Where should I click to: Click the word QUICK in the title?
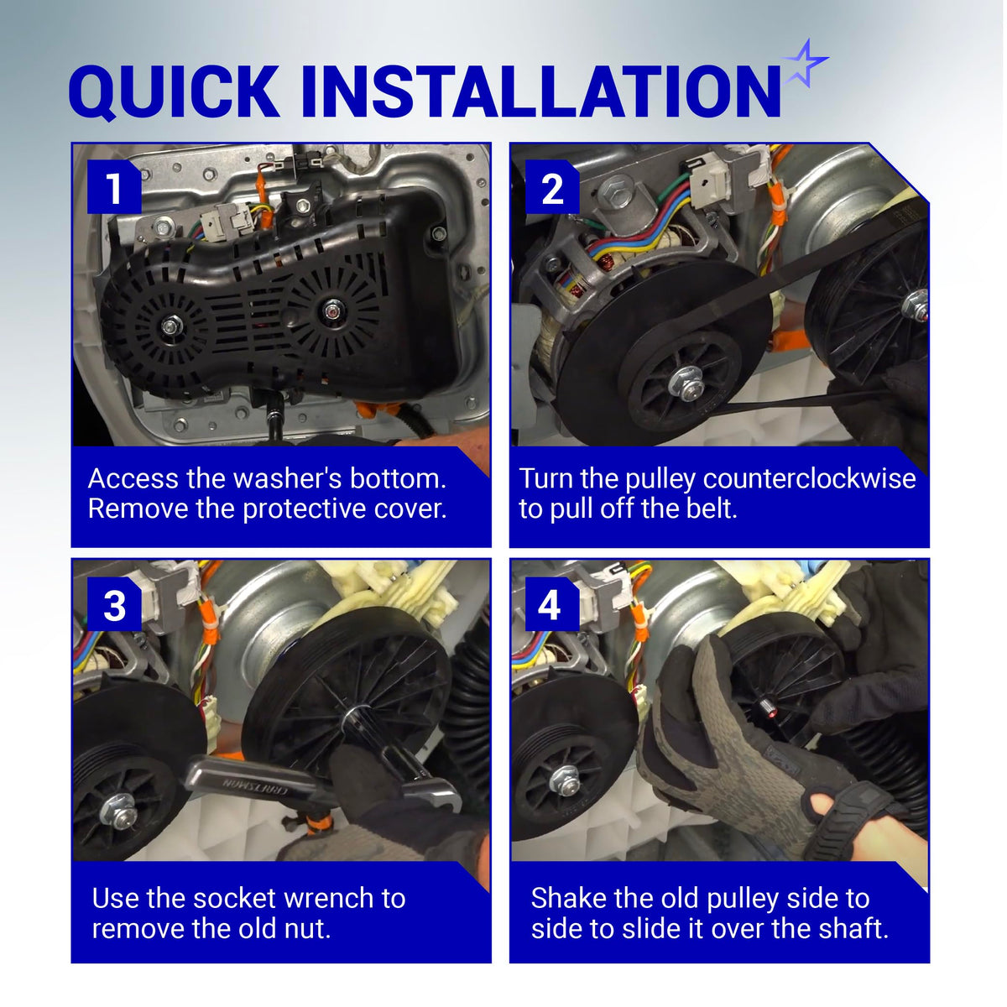174,91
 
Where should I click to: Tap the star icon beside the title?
804,63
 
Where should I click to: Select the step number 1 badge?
114,186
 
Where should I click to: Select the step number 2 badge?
552,186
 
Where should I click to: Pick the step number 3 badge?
114,604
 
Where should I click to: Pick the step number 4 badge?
552,604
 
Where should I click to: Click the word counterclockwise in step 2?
810,478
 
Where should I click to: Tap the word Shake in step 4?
569,898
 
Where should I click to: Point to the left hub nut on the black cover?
169,326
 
